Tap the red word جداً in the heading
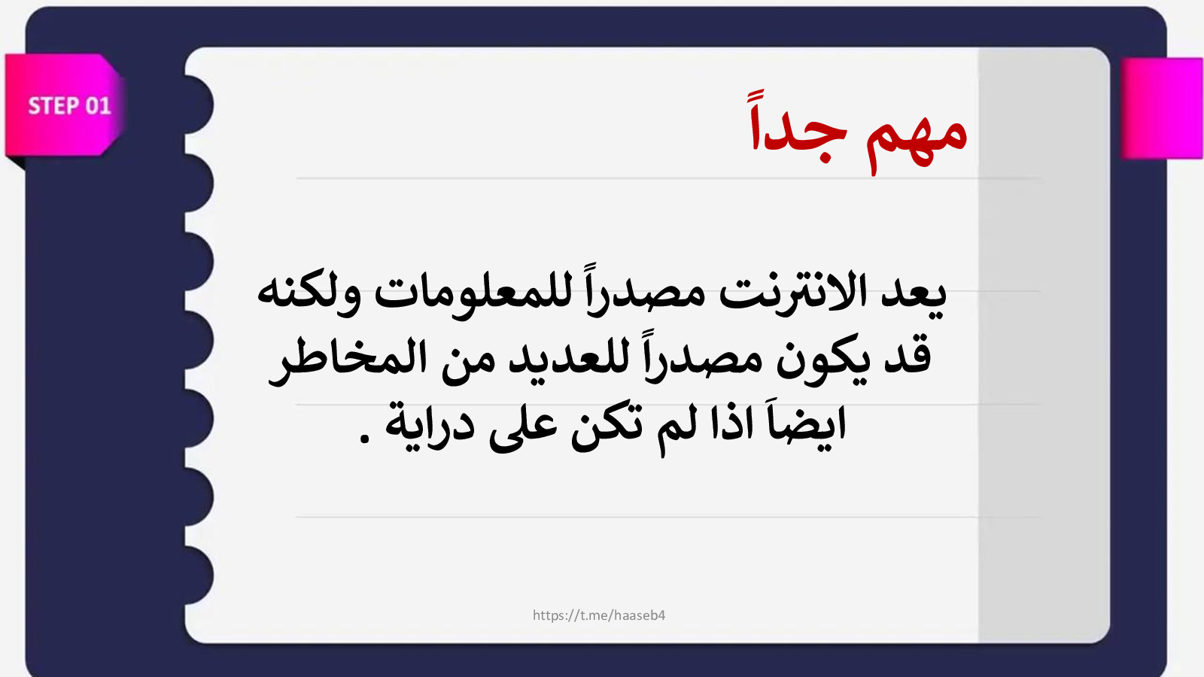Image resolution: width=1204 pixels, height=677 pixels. coord(798,126)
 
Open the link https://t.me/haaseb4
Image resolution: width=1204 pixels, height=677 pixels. coord(599,616)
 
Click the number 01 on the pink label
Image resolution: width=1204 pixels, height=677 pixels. coord(98,106)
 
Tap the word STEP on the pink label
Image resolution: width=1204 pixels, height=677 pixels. coord(53,106)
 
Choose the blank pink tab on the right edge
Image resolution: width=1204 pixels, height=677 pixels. coord(1162,108)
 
